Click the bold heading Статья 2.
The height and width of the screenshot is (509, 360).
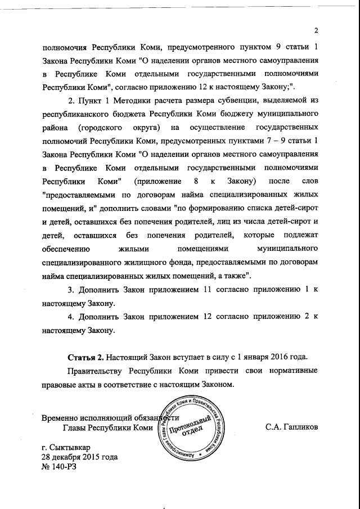point(87,357)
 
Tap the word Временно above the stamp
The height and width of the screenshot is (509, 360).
point(62,418)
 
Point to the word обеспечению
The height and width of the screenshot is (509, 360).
point(66,249)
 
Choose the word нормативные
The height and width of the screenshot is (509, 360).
point(287,372)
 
